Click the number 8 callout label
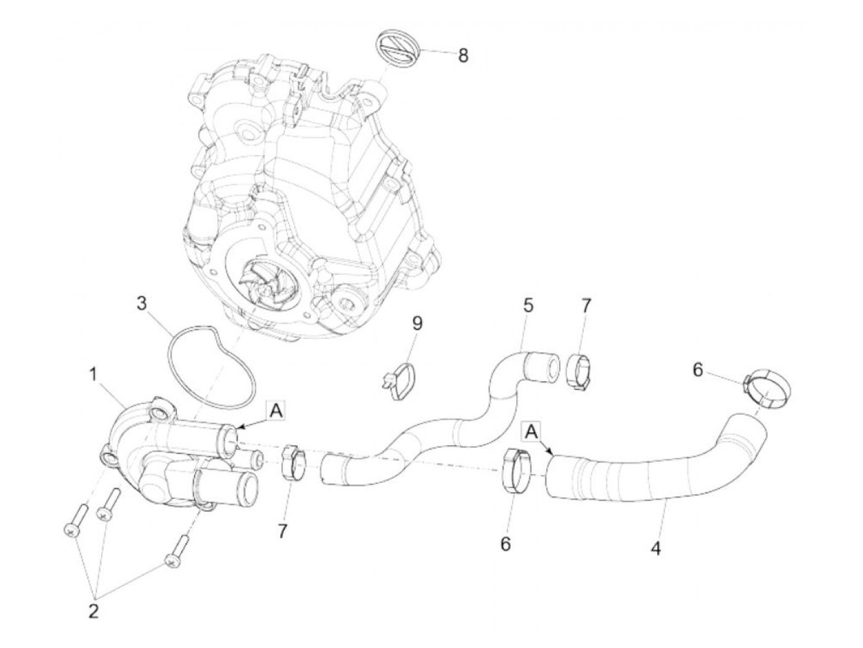pos(462,55)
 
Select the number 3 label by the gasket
pos(142,304)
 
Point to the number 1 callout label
pos(93,374)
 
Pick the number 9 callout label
pos(417,323)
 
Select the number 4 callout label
pos(656,547)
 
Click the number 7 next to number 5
pos(586,306)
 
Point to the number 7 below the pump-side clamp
pos(282,530)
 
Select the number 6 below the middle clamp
pos(505,544)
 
